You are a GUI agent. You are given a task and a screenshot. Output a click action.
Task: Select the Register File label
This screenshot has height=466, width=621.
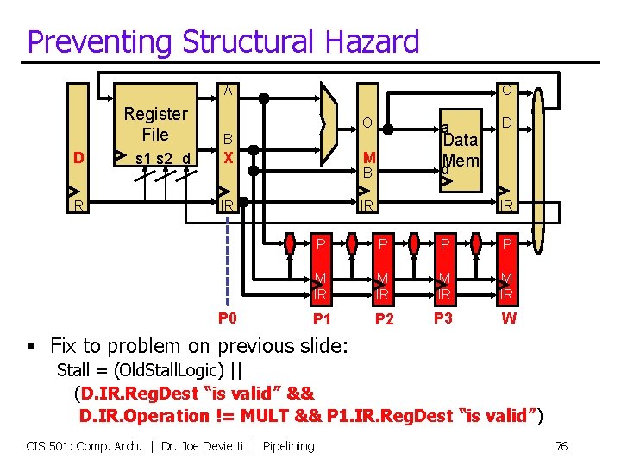pos(155,124)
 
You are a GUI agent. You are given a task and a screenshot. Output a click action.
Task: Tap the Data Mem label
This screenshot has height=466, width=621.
pos(460,150)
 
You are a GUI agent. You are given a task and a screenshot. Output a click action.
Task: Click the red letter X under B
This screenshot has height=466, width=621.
pos(228,157)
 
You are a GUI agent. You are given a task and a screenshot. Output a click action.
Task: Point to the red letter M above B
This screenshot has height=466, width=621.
pos(369,157)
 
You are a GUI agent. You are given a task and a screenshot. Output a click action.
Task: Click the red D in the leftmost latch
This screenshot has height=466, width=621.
pos(78,158)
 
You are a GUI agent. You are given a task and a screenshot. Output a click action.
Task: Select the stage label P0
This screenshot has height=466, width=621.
pos(228,318)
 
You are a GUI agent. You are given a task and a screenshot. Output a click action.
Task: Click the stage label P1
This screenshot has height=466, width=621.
pos(322,319)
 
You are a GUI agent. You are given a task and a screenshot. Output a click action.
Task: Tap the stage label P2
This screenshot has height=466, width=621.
pos(385,319)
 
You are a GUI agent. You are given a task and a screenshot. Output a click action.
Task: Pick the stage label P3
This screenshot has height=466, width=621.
pos(443,318)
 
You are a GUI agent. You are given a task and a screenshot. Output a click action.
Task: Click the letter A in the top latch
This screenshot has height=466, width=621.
pos(228,90)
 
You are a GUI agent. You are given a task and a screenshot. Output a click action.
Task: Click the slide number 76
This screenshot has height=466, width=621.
pos(561,446)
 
